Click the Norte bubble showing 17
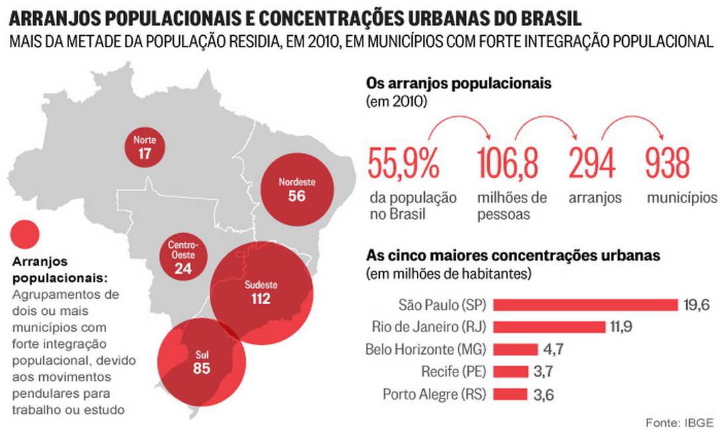pyautogui.click(x=145, y=147)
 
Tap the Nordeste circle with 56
pyautogui.click(x=297, y=189)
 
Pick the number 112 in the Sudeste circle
pyautogui.click(x=260, y=300)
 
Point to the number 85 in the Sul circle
pyautogui.click(x=201, y=367)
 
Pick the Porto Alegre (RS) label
pyautogui.click(x=435, y=394)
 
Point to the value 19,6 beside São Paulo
pyautogui.click(x=696, y=305)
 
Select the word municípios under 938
pyautogui.click(x=682, y=198)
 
